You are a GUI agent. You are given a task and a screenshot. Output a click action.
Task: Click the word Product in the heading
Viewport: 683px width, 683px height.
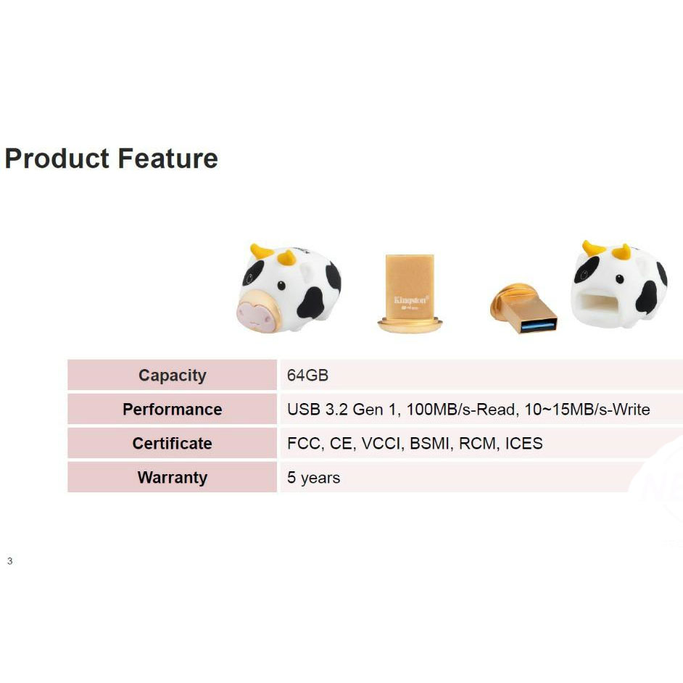pyautogui.click(x=57, y=158)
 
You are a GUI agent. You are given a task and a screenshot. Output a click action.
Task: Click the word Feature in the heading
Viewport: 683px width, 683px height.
pyautogui.click(x=167, y=158)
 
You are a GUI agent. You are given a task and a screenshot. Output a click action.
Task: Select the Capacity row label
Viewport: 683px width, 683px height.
pyautogui.click(x=173, y=376)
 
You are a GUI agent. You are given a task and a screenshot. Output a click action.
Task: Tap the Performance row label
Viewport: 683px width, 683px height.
pyautogui.click(x=173, y=410)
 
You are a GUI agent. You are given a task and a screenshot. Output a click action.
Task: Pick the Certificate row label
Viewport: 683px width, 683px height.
pyautogui.click(x=173, y=444)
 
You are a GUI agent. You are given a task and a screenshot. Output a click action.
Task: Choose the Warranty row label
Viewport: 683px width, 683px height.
pyautogui.click(x=173, y=478)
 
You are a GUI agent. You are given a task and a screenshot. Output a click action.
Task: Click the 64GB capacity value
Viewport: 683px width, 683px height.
pyautogui.click(x=307, y=376)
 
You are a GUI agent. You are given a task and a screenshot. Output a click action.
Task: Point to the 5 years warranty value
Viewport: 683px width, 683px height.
pyautogui.click(x=314, y=478)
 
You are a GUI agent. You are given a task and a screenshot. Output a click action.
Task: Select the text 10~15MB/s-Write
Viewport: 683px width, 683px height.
pyautogui.click(x=587, y=410)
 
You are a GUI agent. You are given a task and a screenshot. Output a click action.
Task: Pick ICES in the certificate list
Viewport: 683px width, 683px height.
pyautogui.click(x=524, y=444)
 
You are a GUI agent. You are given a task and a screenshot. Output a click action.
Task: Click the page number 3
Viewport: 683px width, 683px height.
pyautogui.click(x=10, y=561)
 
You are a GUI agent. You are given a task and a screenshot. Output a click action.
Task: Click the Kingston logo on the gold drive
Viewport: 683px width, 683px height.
pyautogui.click(x=411, y=299)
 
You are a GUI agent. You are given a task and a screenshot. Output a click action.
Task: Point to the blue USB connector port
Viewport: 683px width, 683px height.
pyautogui.click(x=537, y=325)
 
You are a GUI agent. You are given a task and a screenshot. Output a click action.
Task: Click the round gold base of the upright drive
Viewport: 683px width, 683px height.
pyautogui.click(x=410, y=325)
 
